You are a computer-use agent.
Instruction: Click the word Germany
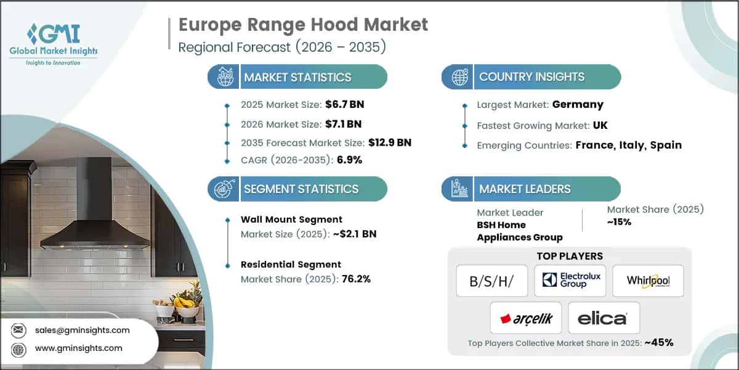click(578, 104)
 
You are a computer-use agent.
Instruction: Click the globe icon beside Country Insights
click(458, 77)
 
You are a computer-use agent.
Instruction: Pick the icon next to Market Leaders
click(458, 189)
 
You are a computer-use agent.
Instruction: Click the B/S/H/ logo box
click(491, 281)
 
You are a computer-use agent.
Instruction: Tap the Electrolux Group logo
click(570, 281)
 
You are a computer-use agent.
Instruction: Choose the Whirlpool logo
click(648, 281)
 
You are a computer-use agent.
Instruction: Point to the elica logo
click(604, 318)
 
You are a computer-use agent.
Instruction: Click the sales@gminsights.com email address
click(82, 330)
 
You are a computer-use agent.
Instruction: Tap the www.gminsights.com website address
click(79, 348)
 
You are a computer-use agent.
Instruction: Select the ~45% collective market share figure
click(658, 343)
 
